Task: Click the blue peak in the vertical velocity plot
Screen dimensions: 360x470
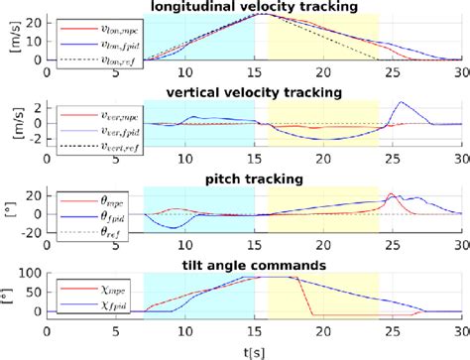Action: (400, 102)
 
